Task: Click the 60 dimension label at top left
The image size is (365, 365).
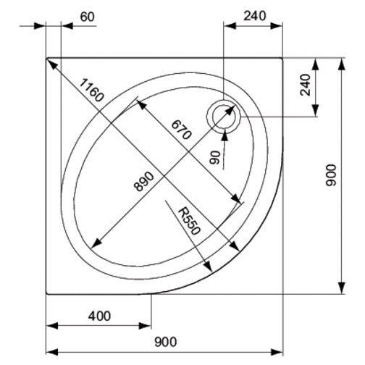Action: [x=86, y=17]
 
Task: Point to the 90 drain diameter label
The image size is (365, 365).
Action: [x=214, y=157]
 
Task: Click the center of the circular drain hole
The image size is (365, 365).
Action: [x=222, y=116]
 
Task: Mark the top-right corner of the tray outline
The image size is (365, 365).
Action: [x=282, y=58]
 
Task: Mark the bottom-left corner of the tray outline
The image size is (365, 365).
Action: [x=47, y=294]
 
